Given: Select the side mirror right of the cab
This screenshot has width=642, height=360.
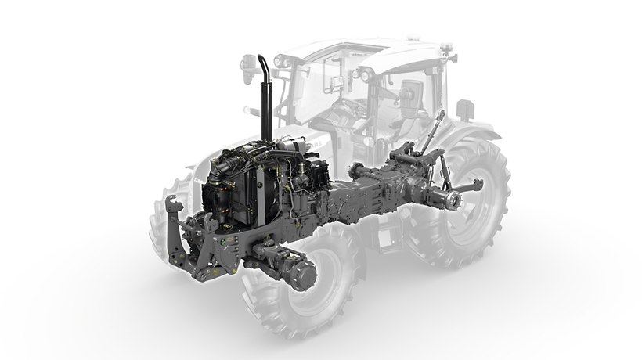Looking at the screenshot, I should pyautogui.click(x=465, y=110).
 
